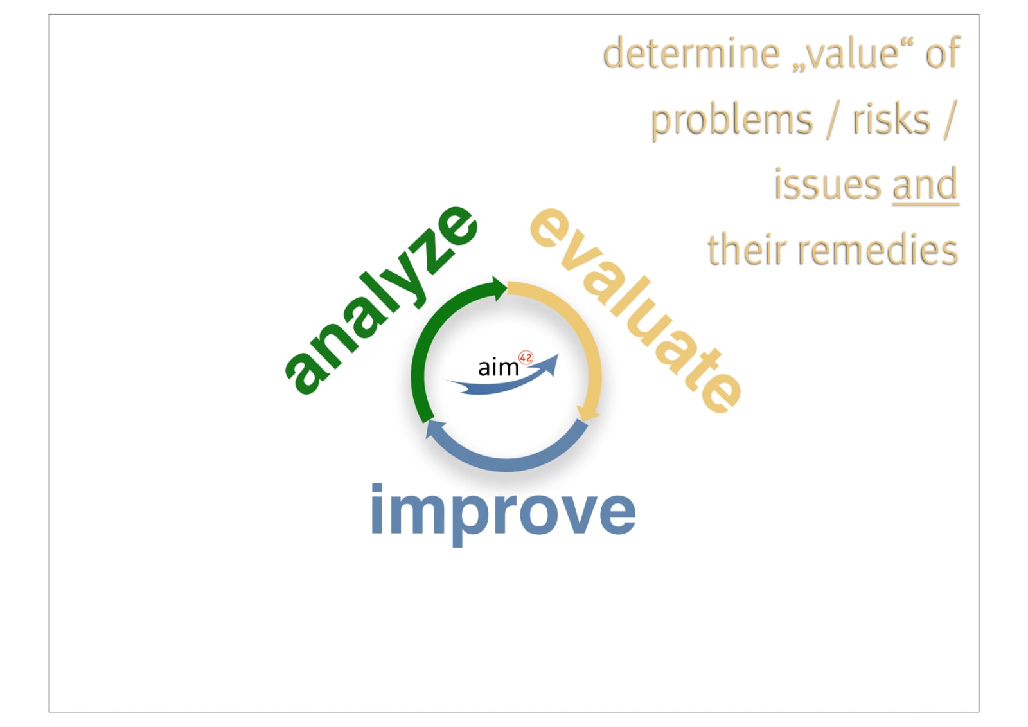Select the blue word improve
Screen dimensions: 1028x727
(503, 514)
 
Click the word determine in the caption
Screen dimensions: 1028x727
(691, 53)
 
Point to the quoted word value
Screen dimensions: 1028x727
(852, 53)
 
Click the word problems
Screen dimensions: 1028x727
(732, 120)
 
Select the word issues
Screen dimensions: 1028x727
(828, 184)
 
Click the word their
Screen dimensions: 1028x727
(746, 249)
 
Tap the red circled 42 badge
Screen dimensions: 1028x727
(526, 358)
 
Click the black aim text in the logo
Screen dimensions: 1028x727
(499, 368)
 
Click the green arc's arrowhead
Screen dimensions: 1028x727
(499, 289)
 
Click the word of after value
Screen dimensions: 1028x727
(943, 52)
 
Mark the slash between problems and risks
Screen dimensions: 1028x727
(833, 120)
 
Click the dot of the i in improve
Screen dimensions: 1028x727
(377, 489)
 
